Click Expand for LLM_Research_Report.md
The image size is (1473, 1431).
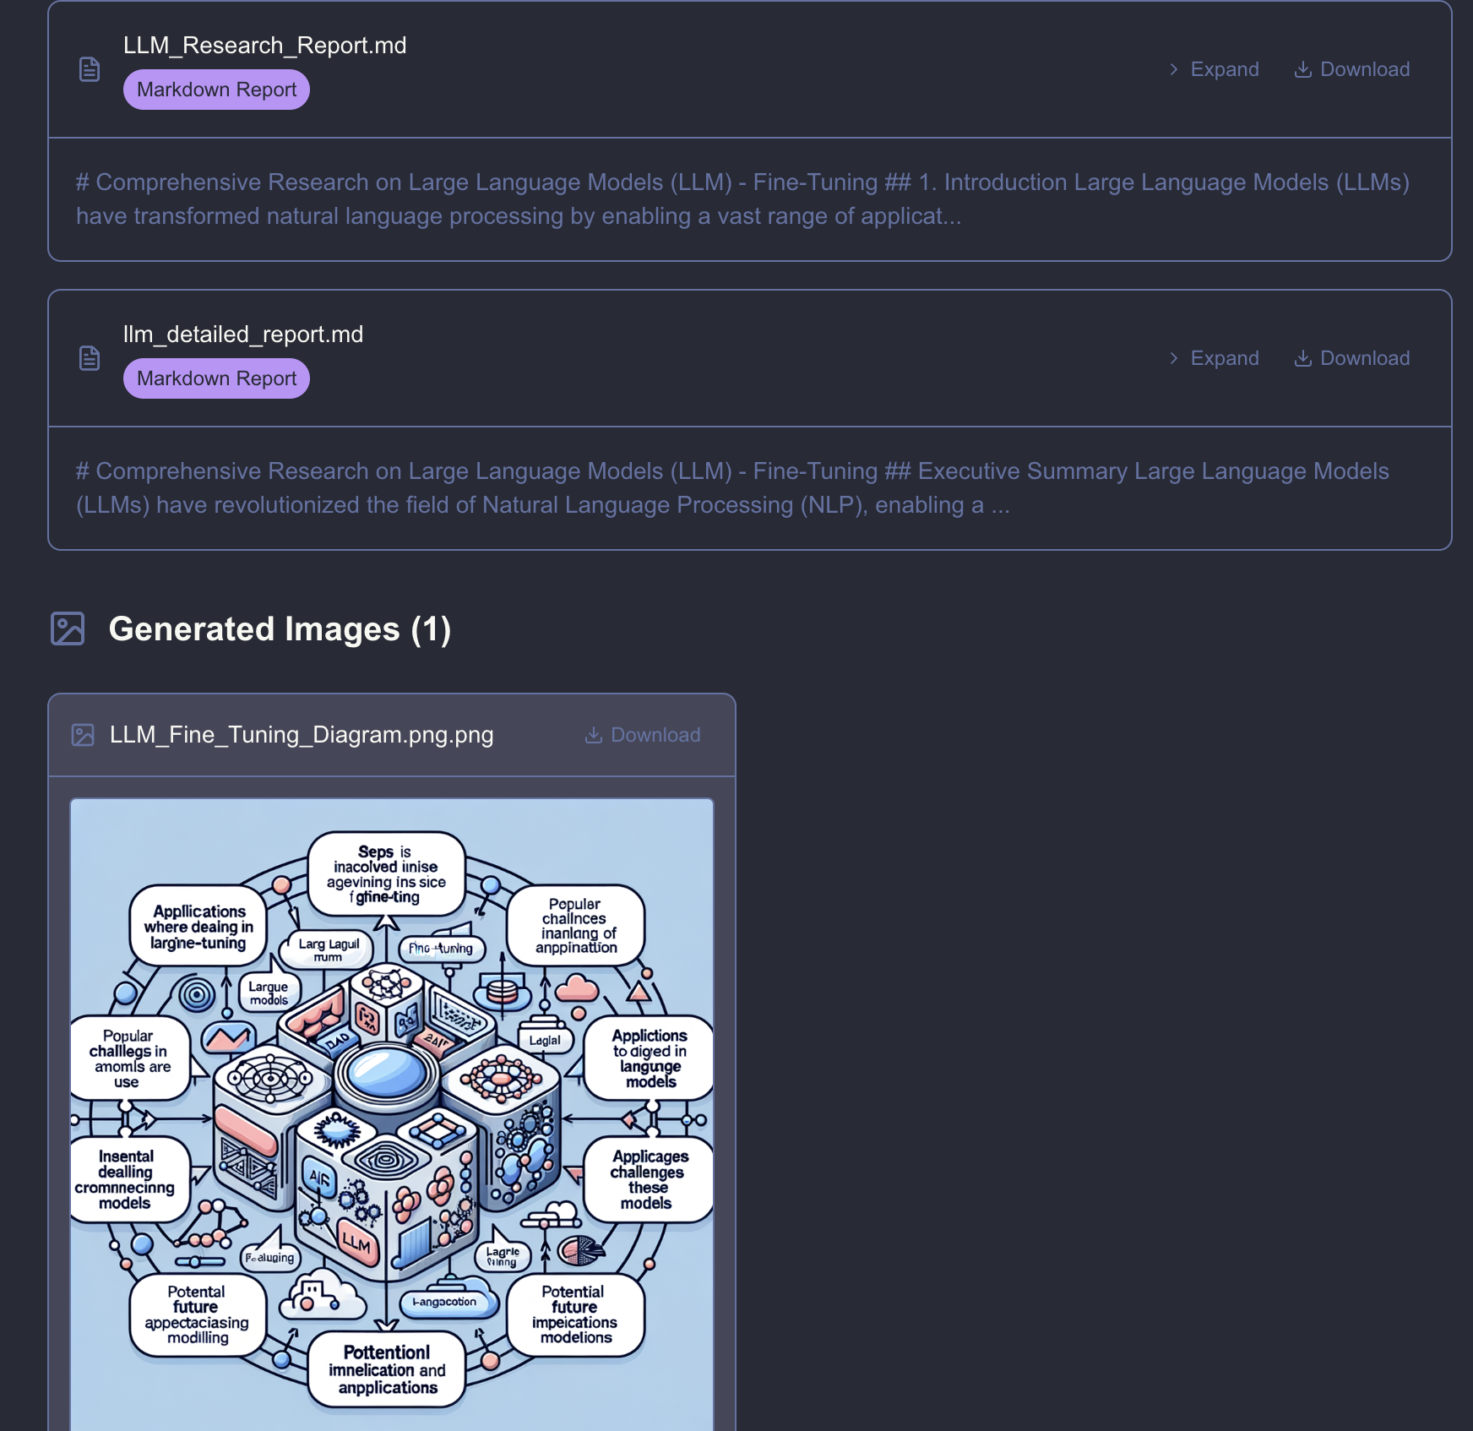click(1214, 69)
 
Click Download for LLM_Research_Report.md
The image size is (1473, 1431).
click(1352, 69)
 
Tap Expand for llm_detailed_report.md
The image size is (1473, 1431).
click(1214, 358)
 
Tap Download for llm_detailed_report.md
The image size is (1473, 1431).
click(1352, 358)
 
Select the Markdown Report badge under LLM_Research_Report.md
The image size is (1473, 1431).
click(216, 90)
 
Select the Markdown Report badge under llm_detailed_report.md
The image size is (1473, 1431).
click(216, 378)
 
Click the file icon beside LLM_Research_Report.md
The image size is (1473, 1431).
click(90, 69)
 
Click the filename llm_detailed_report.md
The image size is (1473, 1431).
click(243, 335)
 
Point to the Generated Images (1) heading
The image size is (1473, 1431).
click(280, 629)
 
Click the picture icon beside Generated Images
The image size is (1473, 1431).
click(68, 629)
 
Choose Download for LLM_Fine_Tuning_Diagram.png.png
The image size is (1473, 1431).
click(643, 735)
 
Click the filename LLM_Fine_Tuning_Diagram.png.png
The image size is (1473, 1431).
click(302, 735)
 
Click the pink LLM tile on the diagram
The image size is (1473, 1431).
click(356, 1243)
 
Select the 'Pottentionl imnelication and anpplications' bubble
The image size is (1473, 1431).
click(387, 1369)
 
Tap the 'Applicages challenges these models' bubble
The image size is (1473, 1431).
click(648, 1180)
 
